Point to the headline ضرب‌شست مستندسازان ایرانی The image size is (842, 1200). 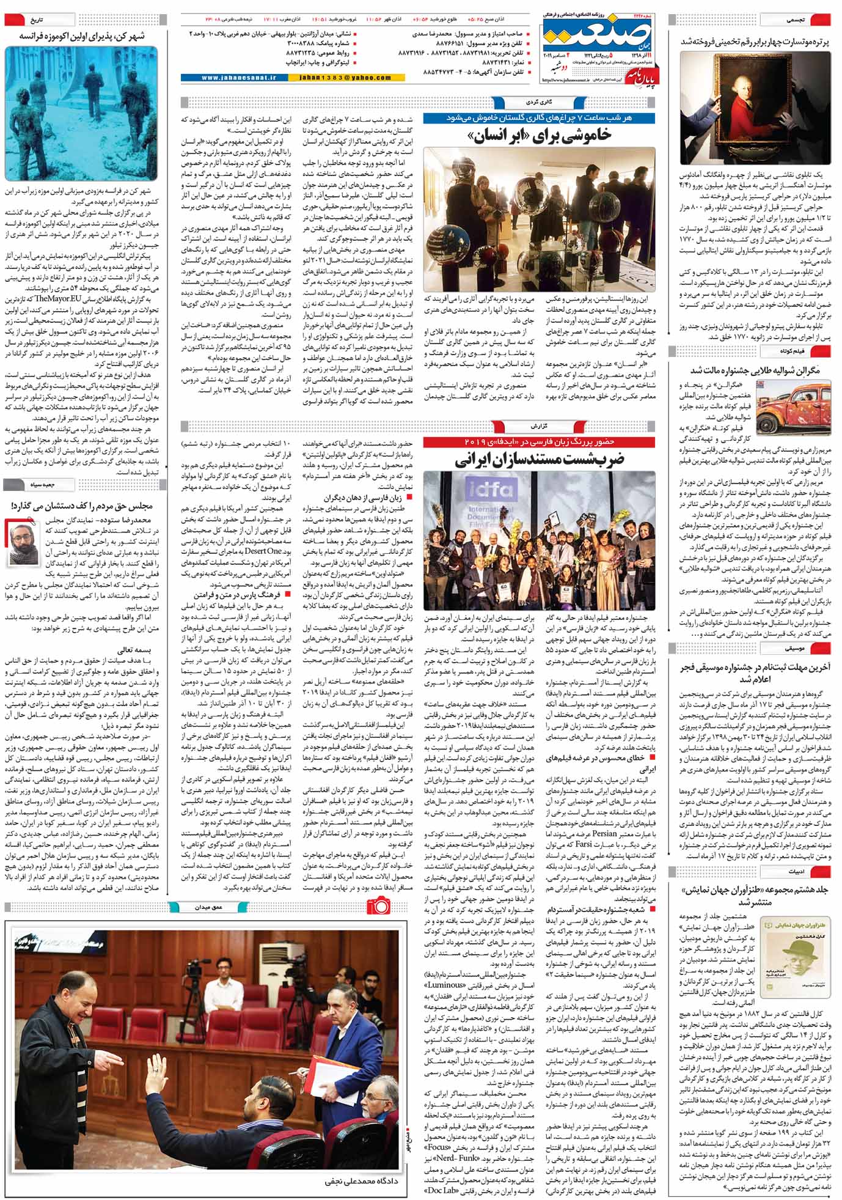[539, 460]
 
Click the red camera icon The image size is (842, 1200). [378, 905]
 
